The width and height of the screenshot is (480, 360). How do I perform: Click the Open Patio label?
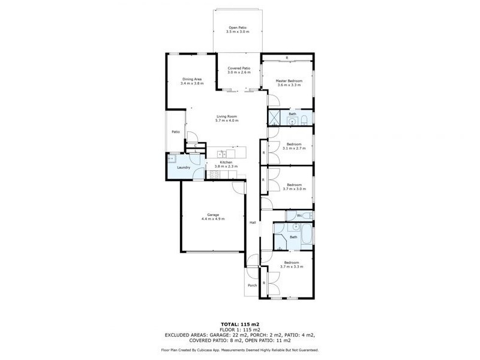pos(237,27)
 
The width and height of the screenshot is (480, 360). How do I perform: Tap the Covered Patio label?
pos(238,68)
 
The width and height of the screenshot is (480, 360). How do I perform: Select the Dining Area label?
pos(192,79)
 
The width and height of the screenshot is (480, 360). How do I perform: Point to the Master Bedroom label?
pos(289,80)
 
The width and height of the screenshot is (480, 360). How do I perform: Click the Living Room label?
pos(227,116)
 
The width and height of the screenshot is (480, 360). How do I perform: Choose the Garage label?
pos(213,214)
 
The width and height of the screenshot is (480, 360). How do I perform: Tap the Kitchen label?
pos(226,162)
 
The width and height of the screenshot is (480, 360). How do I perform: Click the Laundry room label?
pos(184,167)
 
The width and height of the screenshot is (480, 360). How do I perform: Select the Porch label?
pos(252,285)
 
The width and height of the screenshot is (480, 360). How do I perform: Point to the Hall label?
pos(253,223)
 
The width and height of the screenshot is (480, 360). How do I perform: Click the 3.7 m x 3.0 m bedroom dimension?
pos(293,188)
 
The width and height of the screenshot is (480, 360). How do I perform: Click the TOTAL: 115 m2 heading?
pos(239,324)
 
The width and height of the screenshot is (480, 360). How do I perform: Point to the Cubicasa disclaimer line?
pos(239,350)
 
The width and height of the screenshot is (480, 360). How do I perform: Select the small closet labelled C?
pos(196,145)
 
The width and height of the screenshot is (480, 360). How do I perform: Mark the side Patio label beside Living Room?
pos(176,132)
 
